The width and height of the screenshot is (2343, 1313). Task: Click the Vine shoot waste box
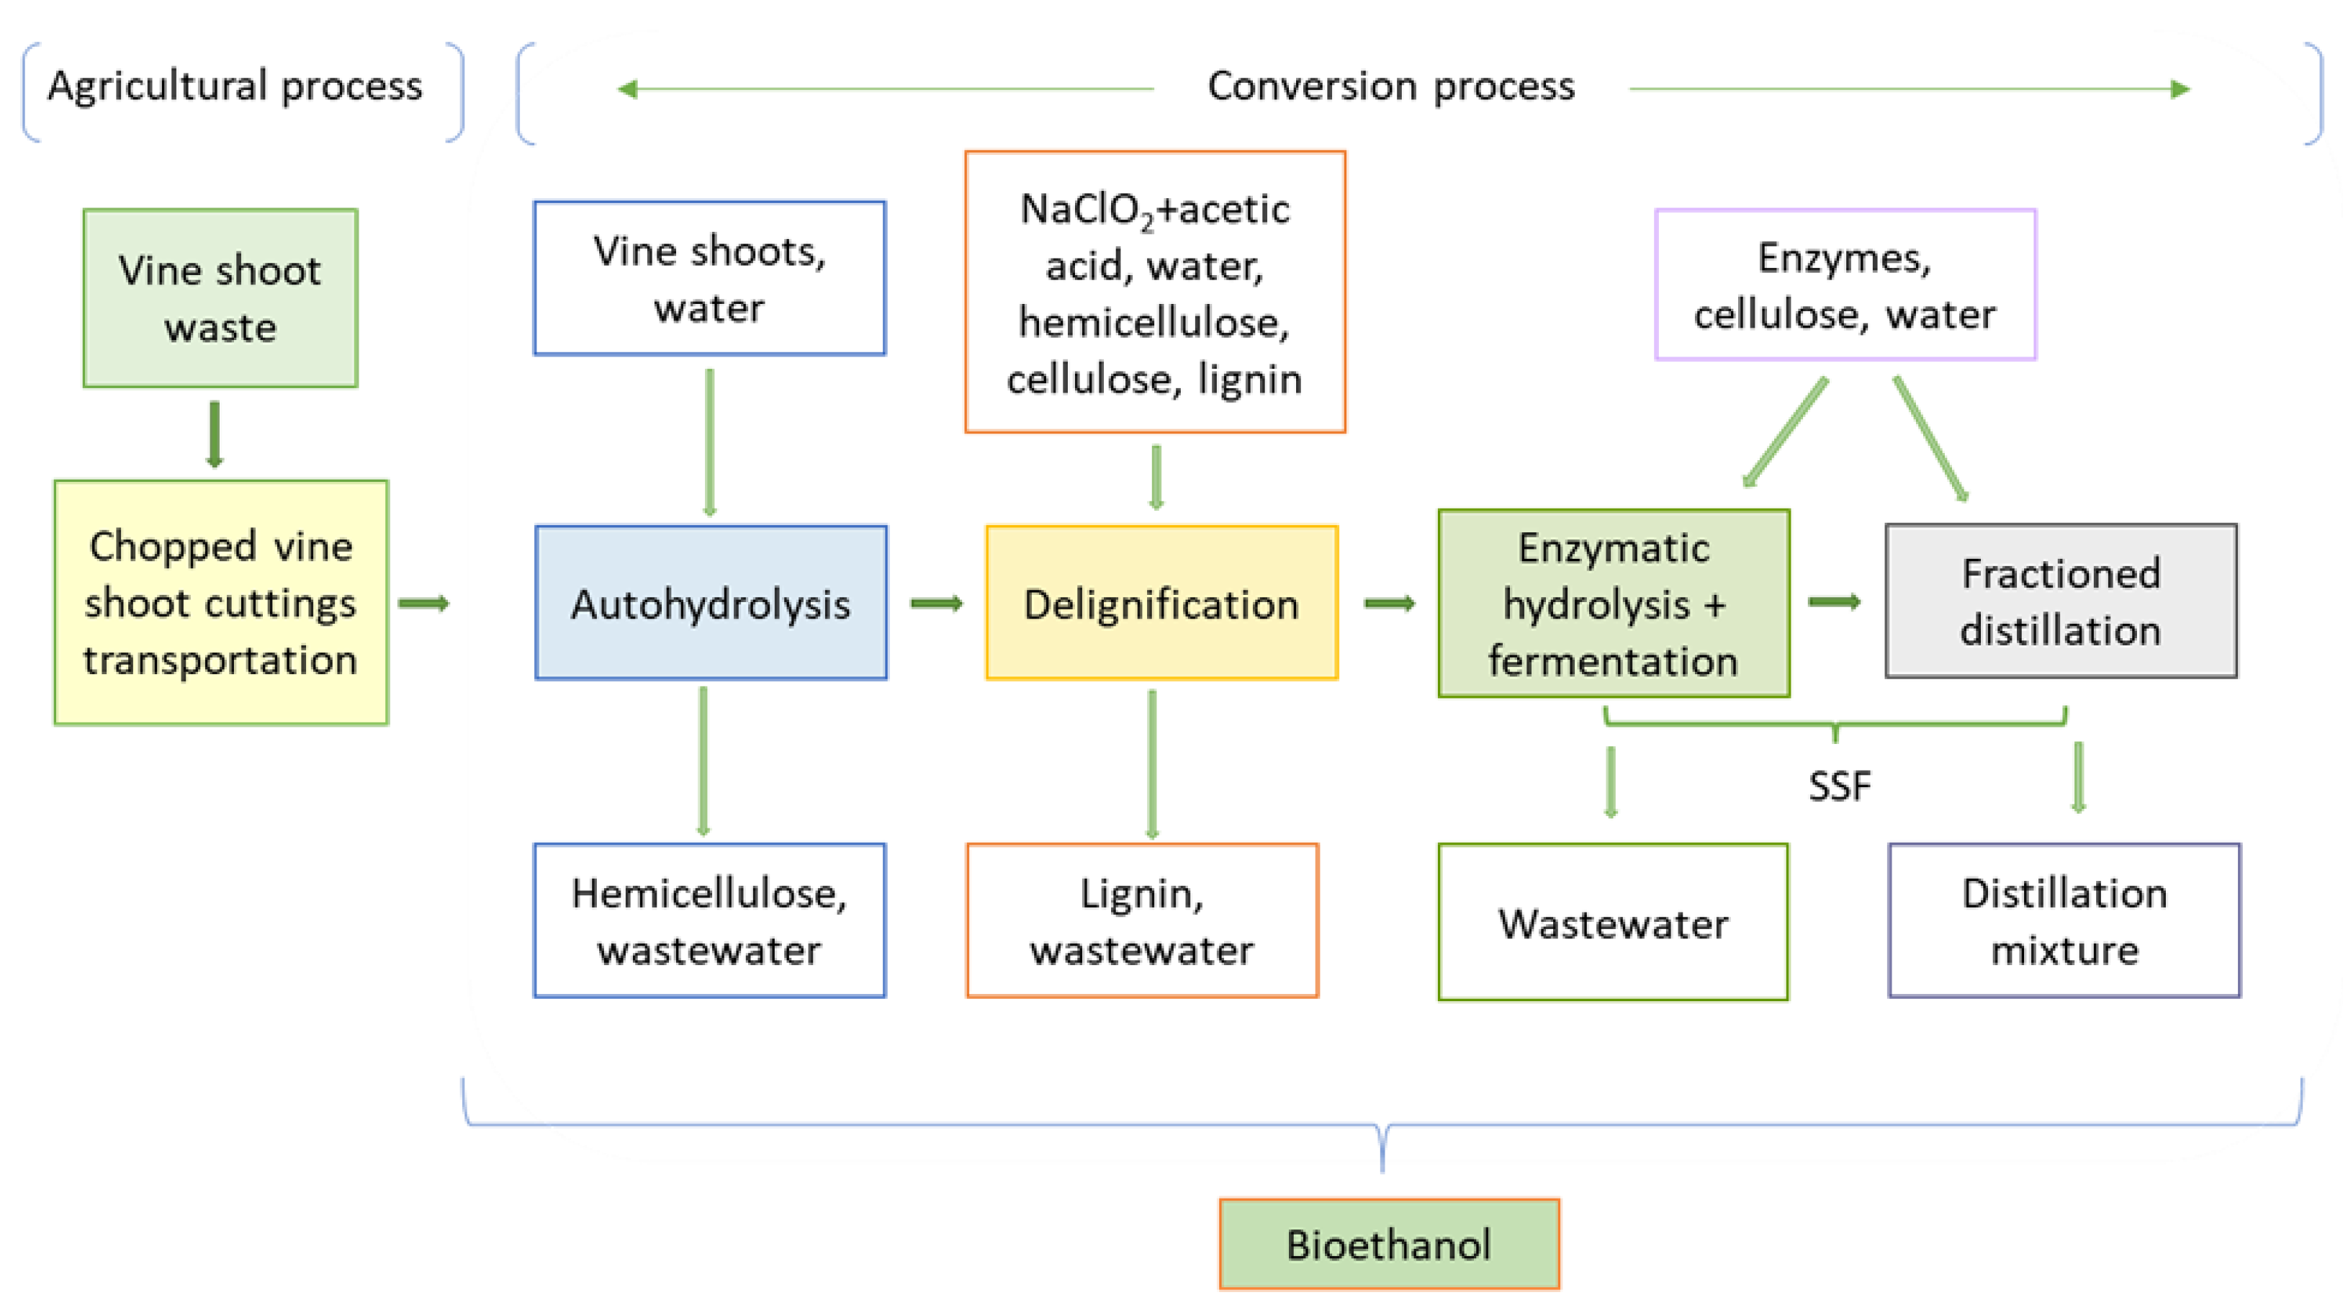(220, 298)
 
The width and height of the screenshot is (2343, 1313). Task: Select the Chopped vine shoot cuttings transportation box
(221, 602)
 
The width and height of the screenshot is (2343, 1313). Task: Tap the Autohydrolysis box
(711, 602)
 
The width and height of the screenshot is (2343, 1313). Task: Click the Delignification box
(1161, 602)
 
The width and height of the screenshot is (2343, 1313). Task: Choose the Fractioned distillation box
(2061, 601)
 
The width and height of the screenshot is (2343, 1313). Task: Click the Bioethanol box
(1389, 1244)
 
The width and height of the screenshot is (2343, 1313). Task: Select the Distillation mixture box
(2064, 921)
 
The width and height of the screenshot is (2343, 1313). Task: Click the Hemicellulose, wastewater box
(709, 921)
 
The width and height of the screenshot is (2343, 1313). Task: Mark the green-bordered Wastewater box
(1613, 923)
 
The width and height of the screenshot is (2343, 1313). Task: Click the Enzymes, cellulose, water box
(1845, 284)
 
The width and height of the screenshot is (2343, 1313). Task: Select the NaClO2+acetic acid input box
(1154, 292)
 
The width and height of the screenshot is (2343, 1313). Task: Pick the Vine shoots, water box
(709, 279)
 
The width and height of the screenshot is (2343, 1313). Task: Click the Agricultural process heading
(235, 86)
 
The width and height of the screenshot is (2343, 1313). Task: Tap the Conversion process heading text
(1390, 86)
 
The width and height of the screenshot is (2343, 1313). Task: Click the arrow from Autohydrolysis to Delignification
(936, 604)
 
